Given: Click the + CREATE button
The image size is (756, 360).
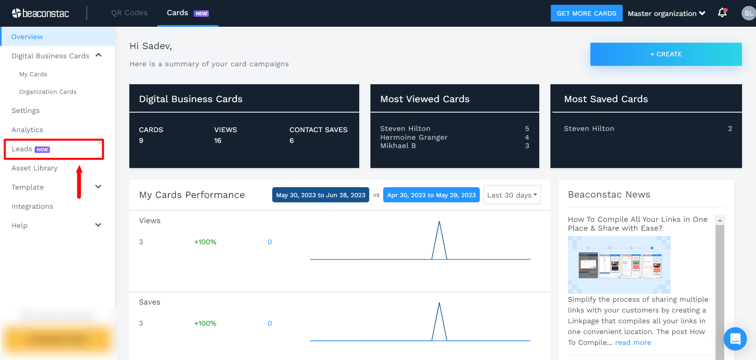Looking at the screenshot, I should coord(666,54).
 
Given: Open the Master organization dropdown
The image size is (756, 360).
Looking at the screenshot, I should coord(666,14).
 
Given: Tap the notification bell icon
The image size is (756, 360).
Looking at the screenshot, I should coord(722,13).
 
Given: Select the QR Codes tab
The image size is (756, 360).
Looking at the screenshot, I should coord(129,13).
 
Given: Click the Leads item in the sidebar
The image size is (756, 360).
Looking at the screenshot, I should coord(22,149).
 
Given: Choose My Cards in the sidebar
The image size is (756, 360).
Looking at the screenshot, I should coord(33,74).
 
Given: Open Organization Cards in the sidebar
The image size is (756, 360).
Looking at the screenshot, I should coord(48,92).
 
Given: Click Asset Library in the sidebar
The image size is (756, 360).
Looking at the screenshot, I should coord(34,168).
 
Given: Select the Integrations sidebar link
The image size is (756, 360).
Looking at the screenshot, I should coord(32,206).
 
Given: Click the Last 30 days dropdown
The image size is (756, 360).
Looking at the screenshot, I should coord(512,195).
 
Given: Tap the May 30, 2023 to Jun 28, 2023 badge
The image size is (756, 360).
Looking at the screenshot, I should coord(321,195).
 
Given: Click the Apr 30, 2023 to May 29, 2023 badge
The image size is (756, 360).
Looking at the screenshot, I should coord(431,195).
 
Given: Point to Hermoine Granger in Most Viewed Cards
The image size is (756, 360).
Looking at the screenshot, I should coord(414,137).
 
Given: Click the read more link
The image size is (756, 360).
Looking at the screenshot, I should coord(633,342).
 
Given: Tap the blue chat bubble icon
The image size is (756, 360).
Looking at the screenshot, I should coord(735,339).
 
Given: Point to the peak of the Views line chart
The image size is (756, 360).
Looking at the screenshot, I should coord(439,222).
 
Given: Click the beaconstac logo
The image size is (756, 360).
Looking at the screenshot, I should coord(40,14).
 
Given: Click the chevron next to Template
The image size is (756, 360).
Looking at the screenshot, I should coord(98,187).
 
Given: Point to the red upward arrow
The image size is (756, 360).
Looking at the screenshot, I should coord(79,182).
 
